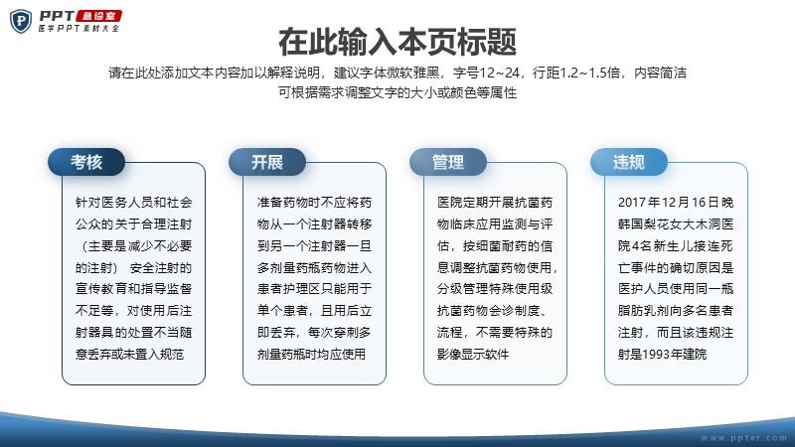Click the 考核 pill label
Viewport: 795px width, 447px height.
(86, 162)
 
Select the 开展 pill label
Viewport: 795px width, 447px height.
(267, 162)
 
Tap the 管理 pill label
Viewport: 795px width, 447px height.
(448, 162)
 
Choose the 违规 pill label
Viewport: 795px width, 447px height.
(629, 162)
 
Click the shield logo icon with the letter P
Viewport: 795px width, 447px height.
(21, 21)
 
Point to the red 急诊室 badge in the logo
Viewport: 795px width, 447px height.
(98, 16)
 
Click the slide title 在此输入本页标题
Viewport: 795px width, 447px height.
(397, 42)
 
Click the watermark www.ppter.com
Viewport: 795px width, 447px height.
(743, 438)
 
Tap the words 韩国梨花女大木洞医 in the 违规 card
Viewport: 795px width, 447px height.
(676, 224)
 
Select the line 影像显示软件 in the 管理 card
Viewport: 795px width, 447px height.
(473, 355)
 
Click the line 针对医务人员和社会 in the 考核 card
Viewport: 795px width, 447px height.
(134, 203)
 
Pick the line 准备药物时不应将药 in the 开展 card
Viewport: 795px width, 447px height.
(314, 203)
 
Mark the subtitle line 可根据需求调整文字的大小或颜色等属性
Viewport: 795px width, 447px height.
(397, 92)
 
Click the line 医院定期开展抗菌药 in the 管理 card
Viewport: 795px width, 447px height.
(495, 203)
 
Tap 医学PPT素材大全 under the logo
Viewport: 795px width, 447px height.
(79, 29)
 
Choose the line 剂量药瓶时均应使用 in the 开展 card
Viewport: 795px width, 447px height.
(311, 355)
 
